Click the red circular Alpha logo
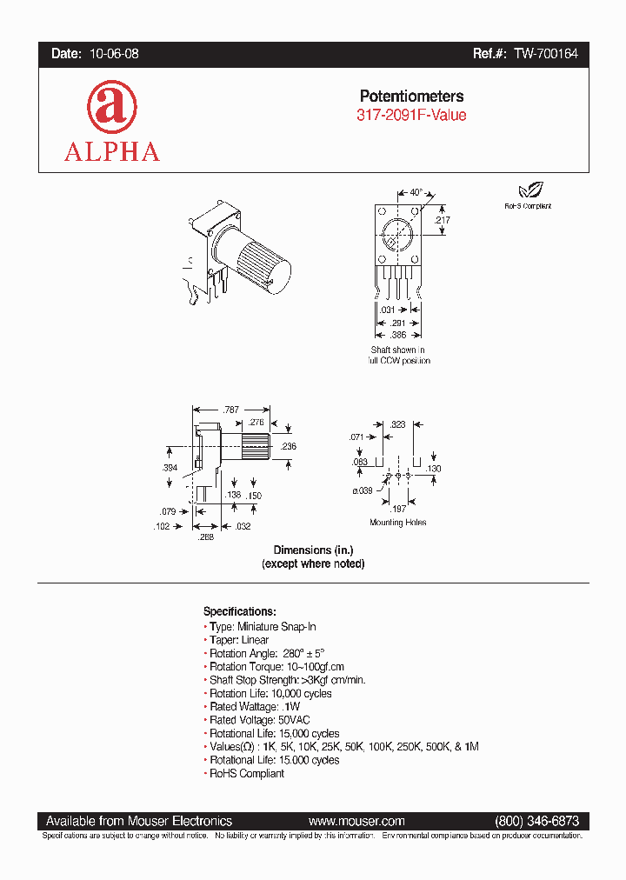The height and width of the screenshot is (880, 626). [x=111, y=107]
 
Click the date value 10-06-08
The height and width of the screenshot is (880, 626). [x=114, y=54]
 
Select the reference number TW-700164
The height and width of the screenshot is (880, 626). [x=544, y=54]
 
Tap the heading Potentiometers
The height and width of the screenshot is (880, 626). [x=411, y=97]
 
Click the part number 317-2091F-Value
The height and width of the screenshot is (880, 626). [x=411, y=116]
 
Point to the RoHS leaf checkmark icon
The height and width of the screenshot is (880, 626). [x=527, y=191]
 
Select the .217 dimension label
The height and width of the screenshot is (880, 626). [x=443, y=221]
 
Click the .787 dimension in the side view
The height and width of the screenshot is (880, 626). [x=230, y=409]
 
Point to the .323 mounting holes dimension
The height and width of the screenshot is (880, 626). [x=398, y=423]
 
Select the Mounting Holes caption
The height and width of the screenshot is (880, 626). [x=397, y=523]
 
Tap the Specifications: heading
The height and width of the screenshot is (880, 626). [x=239, y=611]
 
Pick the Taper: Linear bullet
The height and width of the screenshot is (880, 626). [x=239, y=640]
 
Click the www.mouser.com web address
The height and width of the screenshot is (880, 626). [x=356, y=821]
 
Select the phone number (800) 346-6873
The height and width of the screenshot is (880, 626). [x=536, y=821]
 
